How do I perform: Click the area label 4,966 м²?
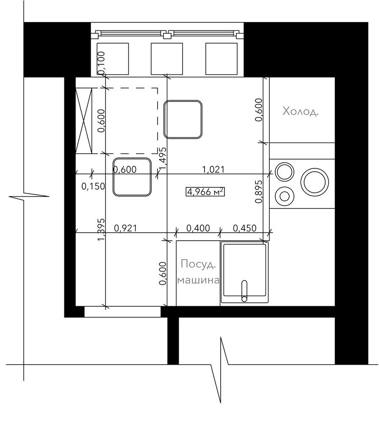(x=205, y=192)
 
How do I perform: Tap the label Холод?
(x=301, y=111)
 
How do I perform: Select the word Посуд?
(x=199, y=264)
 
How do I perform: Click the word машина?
(x=198, y=280)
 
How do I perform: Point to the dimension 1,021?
(x=213, y=170)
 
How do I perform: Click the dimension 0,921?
(x=126, y=228)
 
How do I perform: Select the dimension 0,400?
(x=198, y=228)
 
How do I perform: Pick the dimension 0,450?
(x=244, y=228)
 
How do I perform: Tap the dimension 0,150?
(x=93, y=186)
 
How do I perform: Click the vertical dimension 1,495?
(x=163, y=159)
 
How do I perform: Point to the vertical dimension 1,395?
(x=101, y=230)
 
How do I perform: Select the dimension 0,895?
(x=258, y=191)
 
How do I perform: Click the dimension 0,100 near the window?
(x=102, y=63)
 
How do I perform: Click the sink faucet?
(x=244, y=291)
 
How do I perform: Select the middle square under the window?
(x=167, y=58)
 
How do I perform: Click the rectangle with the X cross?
(x=84, y=121)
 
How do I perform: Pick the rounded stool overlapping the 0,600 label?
(x=132, y=177)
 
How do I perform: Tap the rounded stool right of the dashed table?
(x=183, y=119)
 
